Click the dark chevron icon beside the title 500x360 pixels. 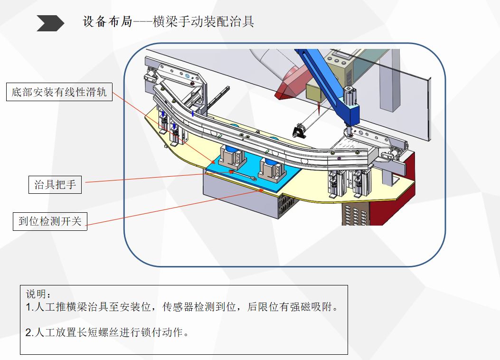pyautogui.click(x=50, y=23)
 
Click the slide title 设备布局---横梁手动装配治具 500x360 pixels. pyautogui.click(x=169, y=22)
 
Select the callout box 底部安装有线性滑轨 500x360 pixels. pyautogui.click(x=59, y=92)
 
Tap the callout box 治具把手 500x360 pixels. pyautogui.click(x=55, y=184)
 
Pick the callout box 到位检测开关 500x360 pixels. pyautogui.click(x=50, y=221)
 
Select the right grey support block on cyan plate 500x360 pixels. pyautogui.click(x=273, y=169)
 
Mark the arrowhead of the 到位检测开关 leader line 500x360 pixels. pyautogui.click(x=262, y=190)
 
